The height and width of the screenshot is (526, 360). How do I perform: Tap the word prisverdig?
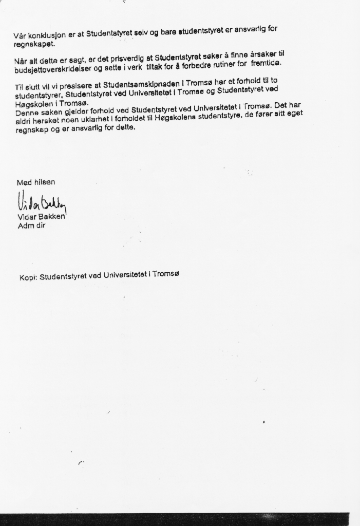coord(128,58)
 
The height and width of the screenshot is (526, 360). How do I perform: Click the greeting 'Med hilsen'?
coord(36,182)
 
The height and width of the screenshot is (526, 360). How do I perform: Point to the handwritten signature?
coord(42,203)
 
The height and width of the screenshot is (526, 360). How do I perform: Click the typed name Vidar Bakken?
coord(42,217)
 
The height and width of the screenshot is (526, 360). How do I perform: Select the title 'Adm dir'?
coord(32,225)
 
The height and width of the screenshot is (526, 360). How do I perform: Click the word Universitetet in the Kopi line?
coord(125,275)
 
